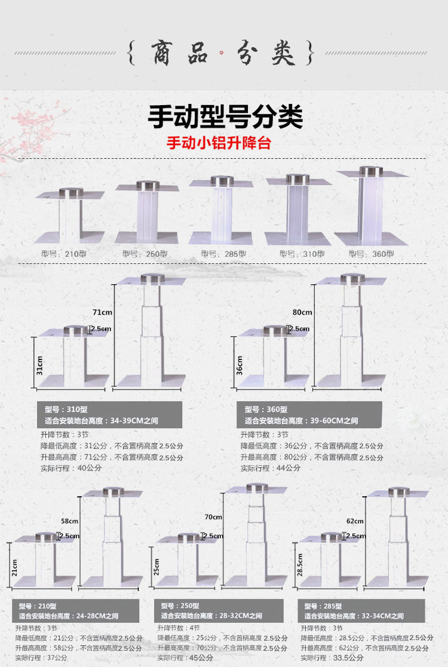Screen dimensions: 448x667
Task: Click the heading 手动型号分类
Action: point(225,117)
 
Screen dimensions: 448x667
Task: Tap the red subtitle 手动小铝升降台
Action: point(223,144)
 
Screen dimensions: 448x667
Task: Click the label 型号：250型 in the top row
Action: point(142,253)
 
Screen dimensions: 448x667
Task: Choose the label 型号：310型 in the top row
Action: point(302,253)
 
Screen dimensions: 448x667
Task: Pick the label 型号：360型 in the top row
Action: point(372,253)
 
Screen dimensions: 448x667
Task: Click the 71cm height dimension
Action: point(102,312)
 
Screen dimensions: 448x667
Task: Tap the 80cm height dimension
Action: point(302,312)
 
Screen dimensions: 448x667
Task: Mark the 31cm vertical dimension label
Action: point(40,365)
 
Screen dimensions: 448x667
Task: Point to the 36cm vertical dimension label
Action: point(240,365)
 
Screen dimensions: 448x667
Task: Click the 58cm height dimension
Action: point(69,521)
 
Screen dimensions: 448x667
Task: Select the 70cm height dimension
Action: point(213,517)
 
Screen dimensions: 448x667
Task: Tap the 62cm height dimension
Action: point(355,521)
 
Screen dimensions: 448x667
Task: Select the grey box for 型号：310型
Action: point(111,414)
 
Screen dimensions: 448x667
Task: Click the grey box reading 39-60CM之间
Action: point(311,414)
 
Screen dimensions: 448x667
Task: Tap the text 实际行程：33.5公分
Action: point(332,657)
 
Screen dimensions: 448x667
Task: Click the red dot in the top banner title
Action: point(222,53)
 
